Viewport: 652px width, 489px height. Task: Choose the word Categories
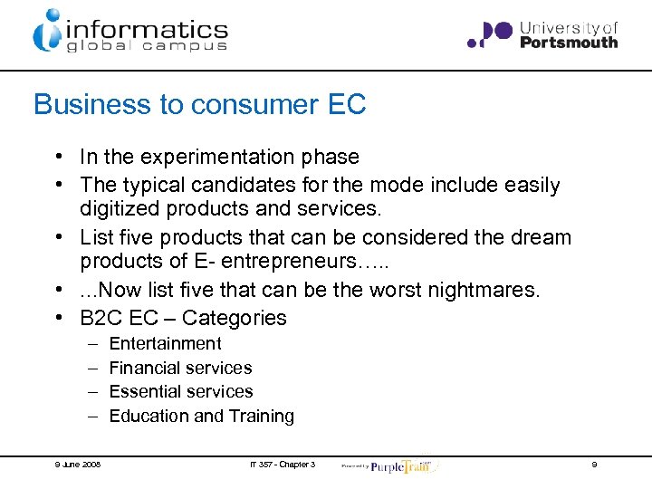[235, 318]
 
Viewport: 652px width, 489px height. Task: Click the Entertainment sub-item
[165, 343]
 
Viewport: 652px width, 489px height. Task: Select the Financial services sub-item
[180, 368]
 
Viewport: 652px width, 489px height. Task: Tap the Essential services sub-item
[181, 391]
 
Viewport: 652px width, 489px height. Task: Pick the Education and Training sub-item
[201, 416]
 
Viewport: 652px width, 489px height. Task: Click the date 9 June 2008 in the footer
[77, 465]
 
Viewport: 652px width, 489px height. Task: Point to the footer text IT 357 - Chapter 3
[283, 465]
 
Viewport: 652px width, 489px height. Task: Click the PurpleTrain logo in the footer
[398, 465]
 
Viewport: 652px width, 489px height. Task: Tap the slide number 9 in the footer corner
[594, 465]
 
